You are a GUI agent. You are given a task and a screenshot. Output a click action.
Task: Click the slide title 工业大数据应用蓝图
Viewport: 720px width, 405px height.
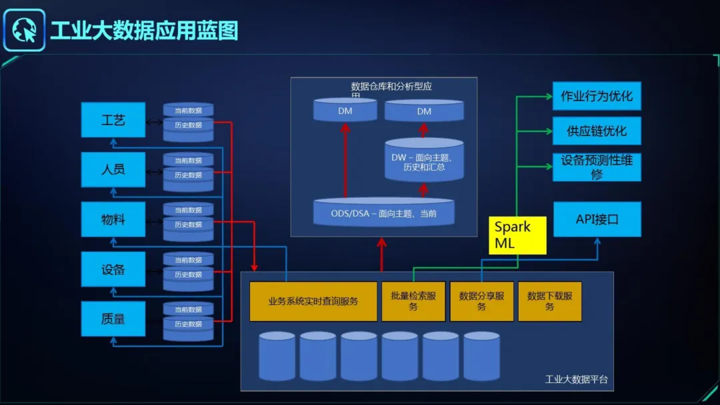pos(144,31)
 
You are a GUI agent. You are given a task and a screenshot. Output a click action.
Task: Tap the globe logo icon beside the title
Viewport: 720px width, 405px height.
pos(24,31)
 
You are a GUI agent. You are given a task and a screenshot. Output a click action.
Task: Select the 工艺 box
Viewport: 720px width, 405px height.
pos(113,121)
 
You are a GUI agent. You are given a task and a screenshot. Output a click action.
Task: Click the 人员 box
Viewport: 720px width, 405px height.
pos(113,169)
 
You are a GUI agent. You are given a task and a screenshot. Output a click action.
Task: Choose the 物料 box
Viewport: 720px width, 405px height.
pos(113,219)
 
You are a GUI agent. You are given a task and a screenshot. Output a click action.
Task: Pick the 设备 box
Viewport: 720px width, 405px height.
pos(113,269)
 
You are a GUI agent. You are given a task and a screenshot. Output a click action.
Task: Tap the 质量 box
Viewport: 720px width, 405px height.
pos(113,319)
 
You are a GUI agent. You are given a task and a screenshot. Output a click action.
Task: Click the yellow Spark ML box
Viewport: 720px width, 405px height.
pos(518,235)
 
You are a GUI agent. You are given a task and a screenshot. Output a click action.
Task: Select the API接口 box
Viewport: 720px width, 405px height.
pos(597,219)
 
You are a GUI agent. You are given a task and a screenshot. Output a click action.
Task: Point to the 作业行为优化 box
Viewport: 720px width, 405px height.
pos(597,96)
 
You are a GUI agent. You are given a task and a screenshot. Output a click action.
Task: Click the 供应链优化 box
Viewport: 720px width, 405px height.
pos(597,131)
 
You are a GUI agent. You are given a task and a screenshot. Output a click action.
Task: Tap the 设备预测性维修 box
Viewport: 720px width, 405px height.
pos(597,167)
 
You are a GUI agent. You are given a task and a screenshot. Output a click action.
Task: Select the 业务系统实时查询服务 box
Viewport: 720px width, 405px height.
pos(313,301)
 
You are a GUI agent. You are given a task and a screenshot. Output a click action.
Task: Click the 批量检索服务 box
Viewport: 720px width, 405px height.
pos(413,301)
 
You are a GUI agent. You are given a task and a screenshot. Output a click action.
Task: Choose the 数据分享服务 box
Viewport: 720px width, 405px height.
pos(481,301)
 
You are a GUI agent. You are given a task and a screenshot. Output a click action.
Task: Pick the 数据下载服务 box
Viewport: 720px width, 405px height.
pos(549,301)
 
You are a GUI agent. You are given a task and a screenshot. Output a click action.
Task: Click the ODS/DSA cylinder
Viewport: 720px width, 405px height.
pos(384,213)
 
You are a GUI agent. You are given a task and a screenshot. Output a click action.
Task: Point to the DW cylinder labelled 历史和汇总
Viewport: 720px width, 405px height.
pos(424,162)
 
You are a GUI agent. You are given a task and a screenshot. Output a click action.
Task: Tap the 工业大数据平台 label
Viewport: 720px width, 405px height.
pos(576,380)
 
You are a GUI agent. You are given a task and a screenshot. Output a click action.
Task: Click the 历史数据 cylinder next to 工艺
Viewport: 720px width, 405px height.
pos(188,125)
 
